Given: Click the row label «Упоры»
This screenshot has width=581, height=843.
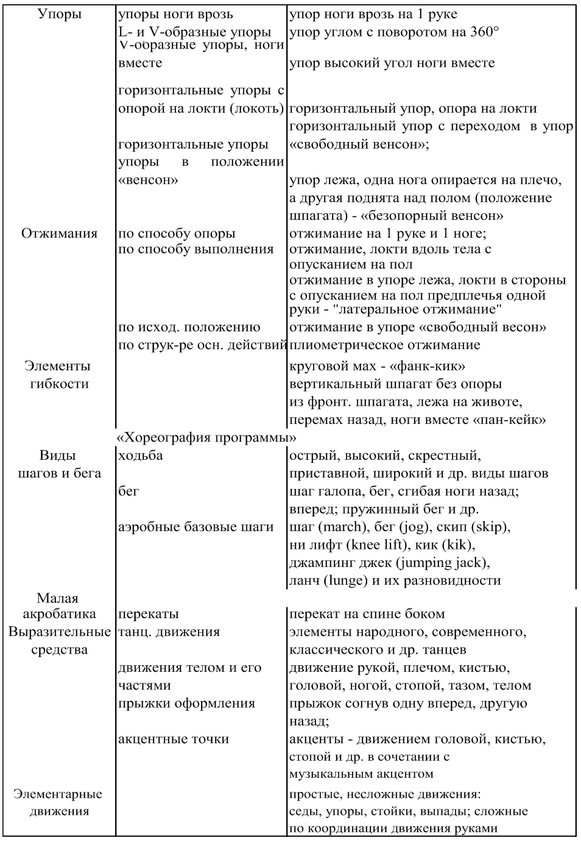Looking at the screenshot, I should [60, 14].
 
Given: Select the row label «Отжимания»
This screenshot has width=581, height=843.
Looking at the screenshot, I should [59, 233].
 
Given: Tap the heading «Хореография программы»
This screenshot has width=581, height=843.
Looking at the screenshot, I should [206, 438].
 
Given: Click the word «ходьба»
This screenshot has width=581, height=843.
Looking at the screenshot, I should [141, 456].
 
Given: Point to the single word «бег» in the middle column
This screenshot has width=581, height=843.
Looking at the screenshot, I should [129, 491].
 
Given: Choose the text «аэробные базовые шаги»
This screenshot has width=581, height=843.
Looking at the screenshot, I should [195, 527].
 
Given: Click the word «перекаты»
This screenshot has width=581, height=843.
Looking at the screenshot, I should [149, 614].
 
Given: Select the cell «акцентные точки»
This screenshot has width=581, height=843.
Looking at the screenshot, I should [174, 739].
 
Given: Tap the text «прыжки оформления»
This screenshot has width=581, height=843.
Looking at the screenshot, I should [186, 704].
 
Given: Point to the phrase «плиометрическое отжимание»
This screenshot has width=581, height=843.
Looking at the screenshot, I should [384, 345].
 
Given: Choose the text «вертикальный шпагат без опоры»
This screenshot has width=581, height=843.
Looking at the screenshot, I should [395, 384].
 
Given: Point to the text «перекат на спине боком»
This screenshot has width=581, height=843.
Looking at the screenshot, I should [367, 614].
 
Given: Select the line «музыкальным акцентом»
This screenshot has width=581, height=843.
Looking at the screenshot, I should [361, 774].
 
